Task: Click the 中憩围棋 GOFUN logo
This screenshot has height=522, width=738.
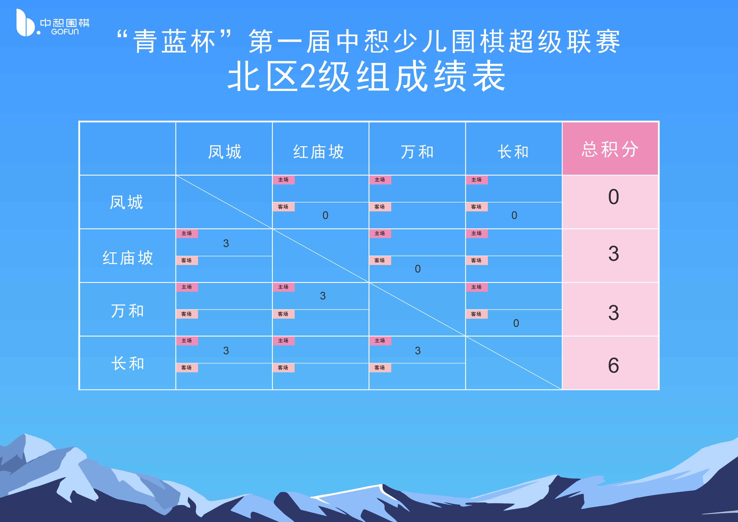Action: coord(53,23)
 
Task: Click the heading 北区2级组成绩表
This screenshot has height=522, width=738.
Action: coord(366,76)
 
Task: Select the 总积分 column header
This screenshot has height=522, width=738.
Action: coord(610,149)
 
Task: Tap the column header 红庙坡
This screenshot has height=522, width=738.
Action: coord(319,152)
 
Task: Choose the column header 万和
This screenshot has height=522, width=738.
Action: coord(417,152)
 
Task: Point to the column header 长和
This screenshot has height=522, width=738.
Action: coord(513,152)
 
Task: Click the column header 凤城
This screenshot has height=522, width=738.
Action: coord(224,152)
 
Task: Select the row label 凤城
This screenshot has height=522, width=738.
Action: coord(126,202)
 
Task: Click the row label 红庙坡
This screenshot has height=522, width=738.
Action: coord(128,258)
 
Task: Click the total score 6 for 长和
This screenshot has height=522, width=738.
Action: coord(613,365)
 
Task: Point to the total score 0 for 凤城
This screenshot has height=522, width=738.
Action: coord(613,197)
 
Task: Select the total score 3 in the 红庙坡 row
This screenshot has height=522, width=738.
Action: coord(613,254)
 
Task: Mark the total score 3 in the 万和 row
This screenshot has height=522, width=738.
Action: coord(613,313)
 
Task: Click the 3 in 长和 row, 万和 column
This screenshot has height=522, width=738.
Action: coord(418,351)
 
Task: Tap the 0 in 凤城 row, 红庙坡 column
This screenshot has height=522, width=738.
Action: coord(325,215)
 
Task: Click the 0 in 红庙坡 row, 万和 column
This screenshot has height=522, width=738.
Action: coord(418,269)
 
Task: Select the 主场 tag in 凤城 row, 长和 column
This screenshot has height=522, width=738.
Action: coord(476,180)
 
